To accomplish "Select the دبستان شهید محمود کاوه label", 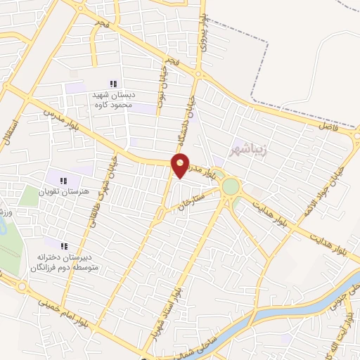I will coord(113,100).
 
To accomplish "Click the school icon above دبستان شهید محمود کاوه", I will coord(114,84).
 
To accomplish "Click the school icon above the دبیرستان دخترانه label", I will coord(64,247).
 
